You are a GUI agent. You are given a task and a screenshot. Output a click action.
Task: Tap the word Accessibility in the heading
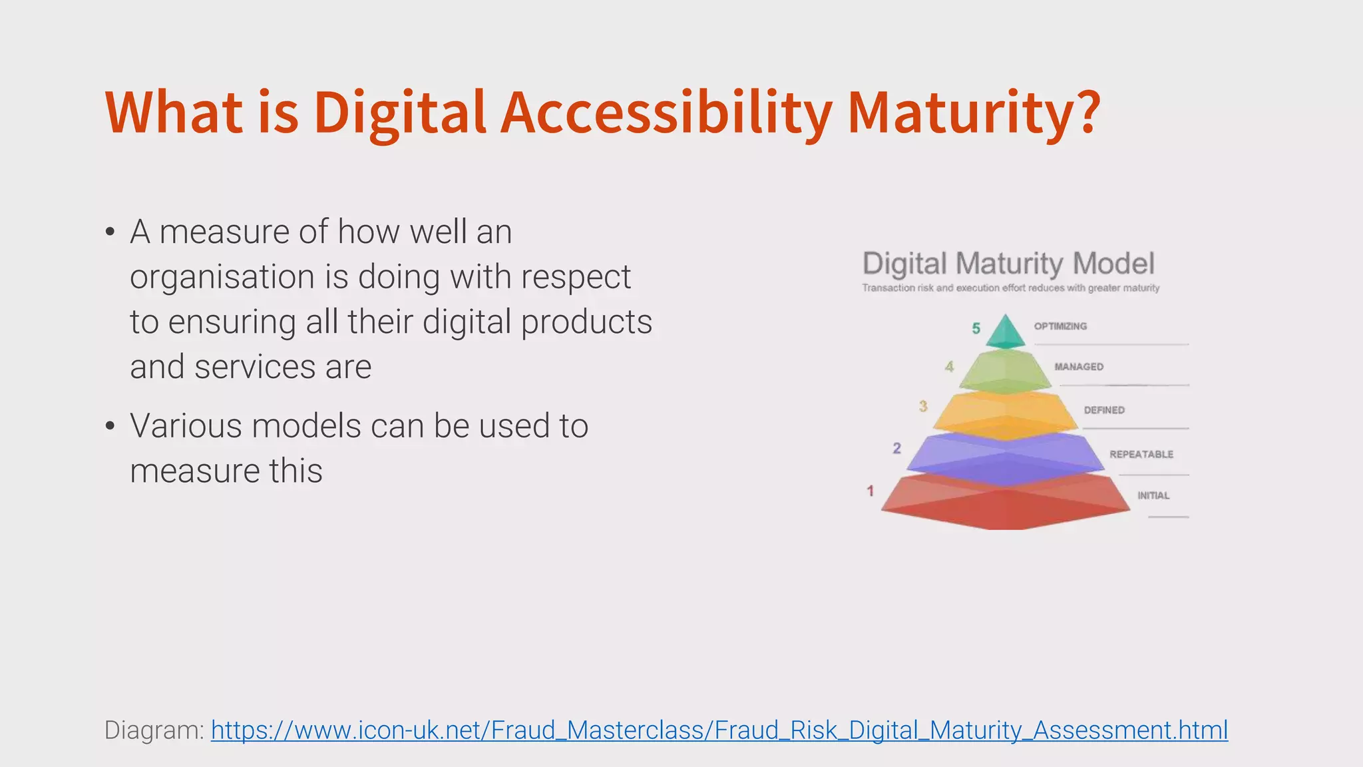click(666, 113)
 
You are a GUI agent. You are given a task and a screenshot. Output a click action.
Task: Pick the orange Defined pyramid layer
click(1005, 414)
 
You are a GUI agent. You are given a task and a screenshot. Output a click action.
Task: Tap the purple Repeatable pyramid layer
click(1005, 458)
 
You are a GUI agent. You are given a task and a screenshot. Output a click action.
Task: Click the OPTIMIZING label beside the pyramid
click(1060, 326)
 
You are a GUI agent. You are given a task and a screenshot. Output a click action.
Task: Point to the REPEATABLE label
click(1141, 454)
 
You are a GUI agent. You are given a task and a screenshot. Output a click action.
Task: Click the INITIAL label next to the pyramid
click(1153, 495)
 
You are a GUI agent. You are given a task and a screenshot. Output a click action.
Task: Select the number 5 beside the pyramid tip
click(976, 328)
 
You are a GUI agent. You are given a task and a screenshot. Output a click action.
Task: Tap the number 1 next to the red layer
click(870, 491)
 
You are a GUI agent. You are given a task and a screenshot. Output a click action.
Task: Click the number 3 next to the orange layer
click(923, 405)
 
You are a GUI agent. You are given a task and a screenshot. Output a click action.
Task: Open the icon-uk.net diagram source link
click(719, 730)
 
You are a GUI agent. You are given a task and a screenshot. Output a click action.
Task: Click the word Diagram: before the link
click(154, 730)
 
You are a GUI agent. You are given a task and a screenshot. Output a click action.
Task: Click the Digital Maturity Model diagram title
click(1008, 264)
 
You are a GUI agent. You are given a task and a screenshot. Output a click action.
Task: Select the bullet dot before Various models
click(110, 427)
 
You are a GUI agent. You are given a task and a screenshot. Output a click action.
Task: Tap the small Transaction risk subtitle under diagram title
click(1010, 288)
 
